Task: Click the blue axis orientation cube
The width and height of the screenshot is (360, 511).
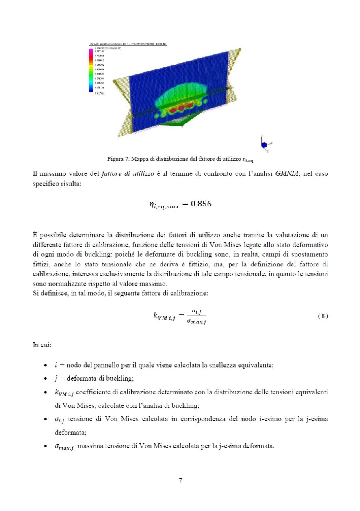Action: (x=264, y=144)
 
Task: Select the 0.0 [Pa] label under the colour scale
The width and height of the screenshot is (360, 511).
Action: (x=98, y=94)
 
